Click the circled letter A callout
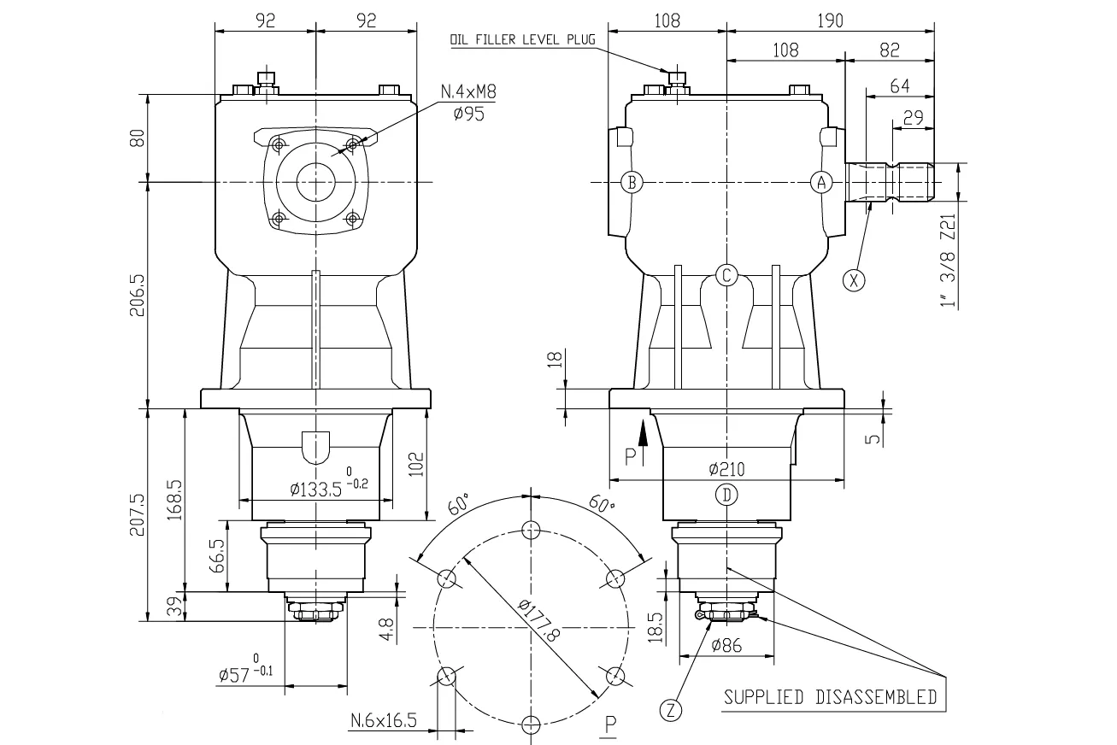[821, 182]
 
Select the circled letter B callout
[632, 182]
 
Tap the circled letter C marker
[726, 275]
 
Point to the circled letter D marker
[726, 494]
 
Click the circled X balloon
[852, 279]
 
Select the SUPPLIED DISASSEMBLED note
[829, 697]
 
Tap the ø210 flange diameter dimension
[726, 469]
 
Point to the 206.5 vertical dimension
[137, 296]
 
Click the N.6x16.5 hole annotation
[383, 722]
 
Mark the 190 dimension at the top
[828, 22]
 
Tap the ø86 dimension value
[726, 647]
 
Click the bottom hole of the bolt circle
[531, 724]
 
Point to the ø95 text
[469, 114]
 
